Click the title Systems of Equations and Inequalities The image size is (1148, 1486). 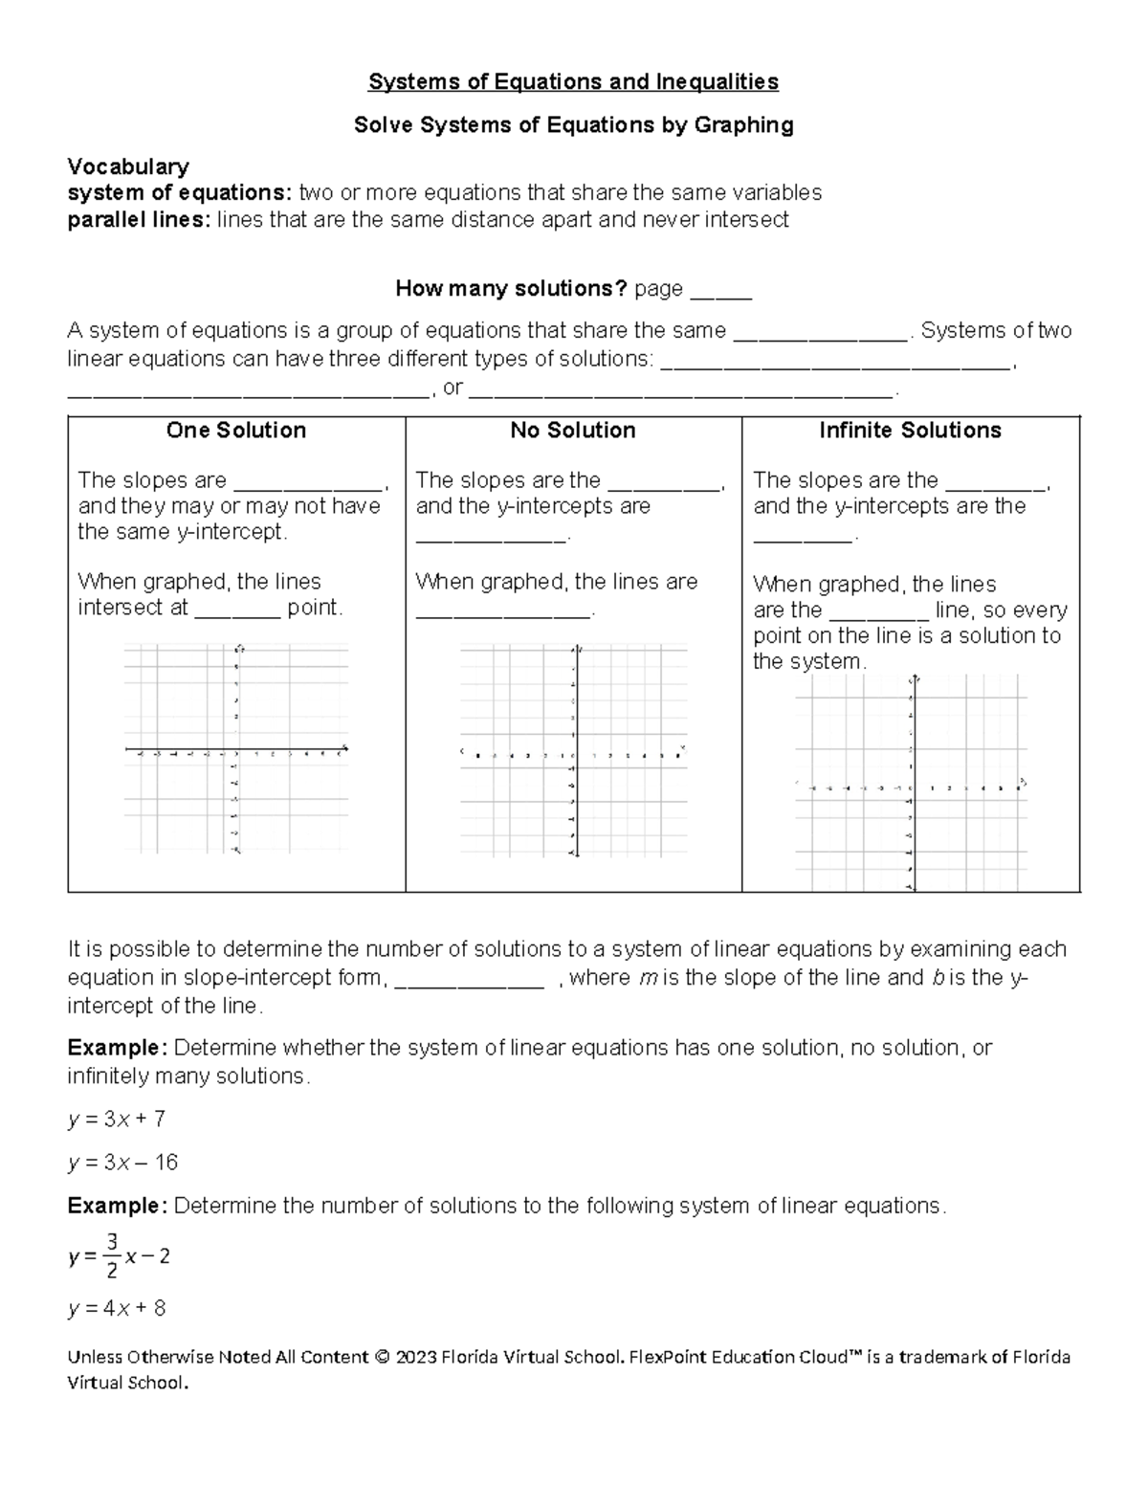click(x=573, y=82)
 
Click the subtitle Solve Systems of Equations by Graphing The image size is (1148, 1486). click(x=573, y=125)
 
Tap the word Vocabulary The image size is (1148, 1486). click(x=128, y=167)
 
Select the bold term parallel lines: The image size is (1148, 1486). click(x=138, y=220)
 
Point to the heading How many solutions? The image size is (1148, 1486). click(x=511, y=288)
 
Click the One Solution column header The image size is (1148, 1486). click(x=236, y=431)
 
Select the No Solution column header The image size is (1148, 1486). click(x=573, y=431)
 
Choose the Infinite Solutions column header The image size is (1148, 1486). click(x=910, y=431)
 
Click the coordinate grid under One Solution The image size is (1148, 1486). click(x=236, y=749)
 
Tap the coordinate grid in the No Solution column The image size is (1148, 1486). click(x=573, y=754)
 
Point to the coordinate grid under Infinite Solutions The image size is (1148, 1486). click(x=911, y=783)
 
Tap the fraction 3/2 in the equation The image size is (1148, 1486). click(x=112, y=1256)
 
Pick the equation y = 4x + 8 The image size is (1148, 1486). click(x=117, y=1308)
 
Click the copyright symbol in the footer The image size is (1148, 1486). click(x=384, y=1357)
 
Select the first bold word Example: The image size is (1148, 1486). click(x=117, y=1048)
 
